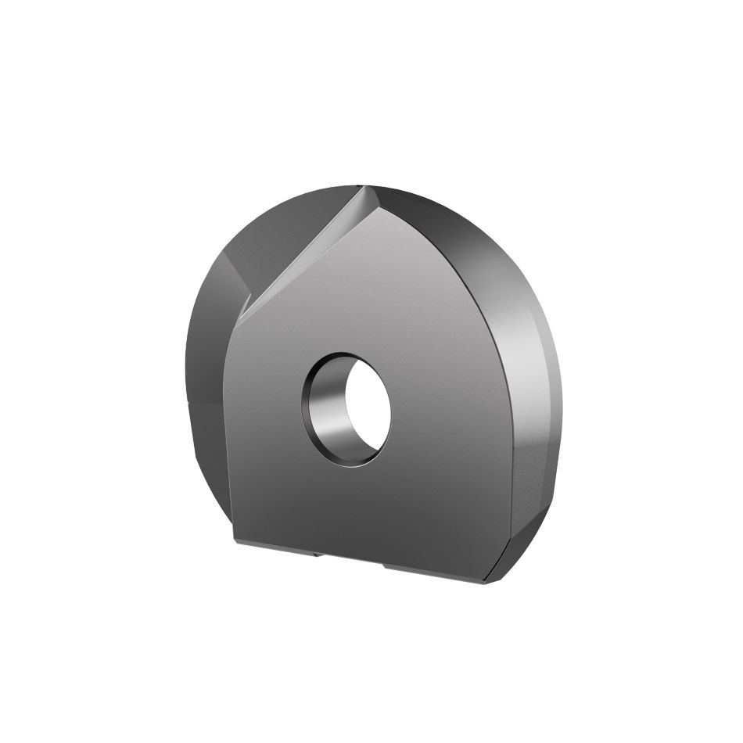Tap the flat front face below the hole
[x=360, y=501]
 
